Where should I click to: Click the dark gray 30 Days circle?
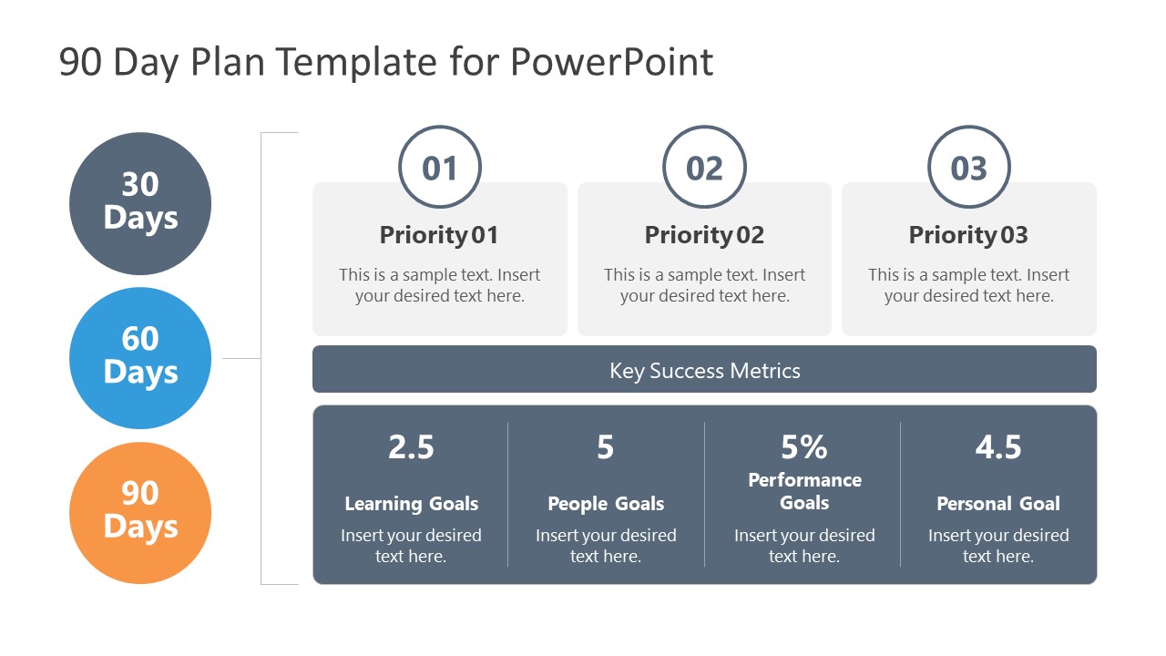click(140, 203)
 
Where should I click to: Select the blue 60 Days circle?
click(140, 357)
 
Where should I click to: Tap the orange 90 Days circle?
click(140, 512)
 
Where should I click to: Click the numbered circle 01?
click(439, 168)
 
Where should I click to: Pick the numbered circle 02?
click(704, 168)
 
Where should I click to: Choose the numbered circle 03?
click(968, 168)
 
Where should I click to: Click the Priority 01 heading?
click(439, 235)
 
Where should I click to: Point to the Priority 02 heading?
click(704, 235)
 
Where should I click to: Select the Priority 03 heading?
click(968, 235)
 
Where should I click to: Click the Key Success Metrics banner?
click(704, 370)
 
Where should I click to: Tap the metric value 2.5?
click(411, 447)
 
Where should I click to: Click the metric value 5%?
click(803, 447)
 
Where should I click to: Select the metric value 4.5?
click(998, 447)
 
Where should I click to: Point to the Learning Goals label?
click(411, 504)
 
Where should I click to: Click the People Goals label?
click(606, 504)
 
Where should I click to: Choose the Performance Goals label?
click(804, 491)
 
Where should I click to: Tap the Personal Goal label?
click(998, 504)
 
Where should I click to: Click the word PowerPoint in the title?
click(611, 62)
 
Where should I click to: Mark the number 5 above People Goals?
click(606, 447)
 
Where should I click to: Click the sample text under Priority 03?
click(968, 285)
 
